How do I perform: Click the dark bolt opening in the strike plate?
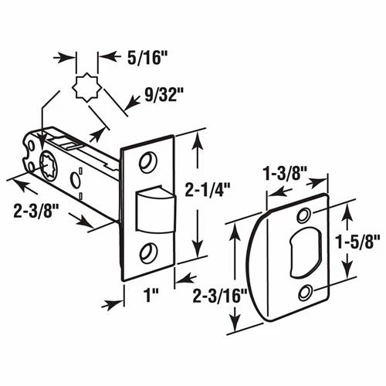coord(304,251)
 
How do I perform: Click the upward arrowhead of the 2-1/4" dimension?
coord(200,140)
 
